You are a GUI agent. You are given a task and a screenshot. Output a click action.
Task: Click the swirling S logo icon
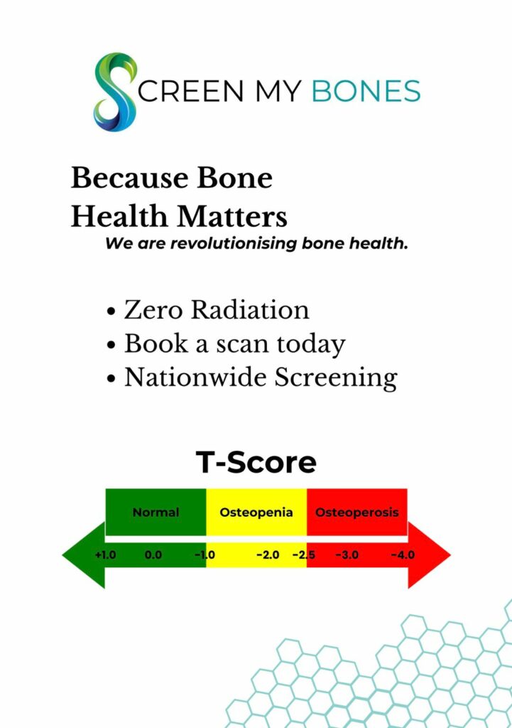[116, 92]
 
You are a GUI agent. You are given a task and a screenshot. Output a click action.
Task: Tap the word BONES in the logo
[366, 90]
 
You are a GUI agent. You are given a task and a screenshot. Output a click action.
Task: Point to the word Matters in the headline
[232, 216]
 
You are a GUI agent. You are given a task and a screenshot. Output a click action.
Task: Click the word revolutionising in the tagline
[234, 243]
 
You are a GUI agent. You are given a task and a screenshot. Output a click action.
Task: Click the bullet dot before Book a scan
[111, 346]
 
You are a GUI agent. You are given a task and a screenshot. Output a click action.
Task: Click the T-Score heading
[256, 462]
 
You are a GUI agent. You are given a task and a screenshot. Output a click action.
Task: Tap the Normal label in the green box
[156, 512]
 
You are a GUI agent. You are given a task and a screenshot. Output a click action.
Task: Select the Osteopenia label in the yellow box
[256, 512]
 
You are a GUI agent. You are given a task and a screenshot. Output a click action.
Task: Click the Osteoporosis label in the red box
[356, 512]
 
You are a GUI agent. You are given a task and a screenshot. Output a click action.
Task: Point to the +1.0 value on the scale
[105, 555]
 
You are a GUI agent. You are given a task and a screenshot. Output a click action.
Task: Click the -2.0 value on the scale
[268, 555]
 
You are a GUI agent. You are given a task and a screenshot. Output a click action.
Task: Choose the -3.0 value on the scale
[347, 555]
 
